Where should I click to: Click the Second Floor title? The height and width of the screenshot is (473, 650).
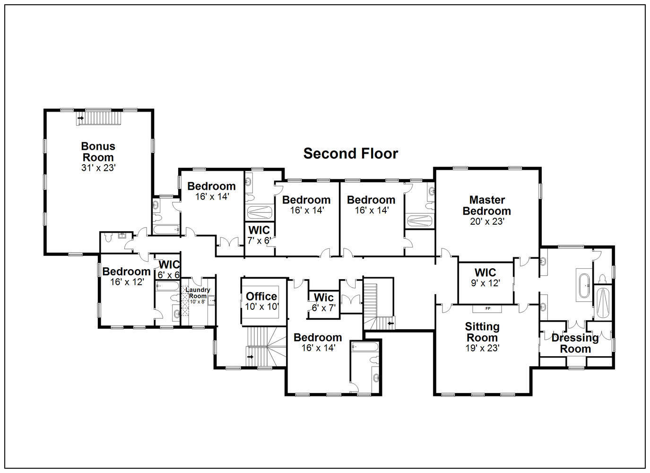point(350,154)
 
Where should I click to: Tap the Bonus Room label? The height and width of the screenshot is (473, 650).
point(98,152)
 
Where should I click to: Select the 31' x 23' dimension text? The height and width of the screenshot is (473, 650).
point(98,168)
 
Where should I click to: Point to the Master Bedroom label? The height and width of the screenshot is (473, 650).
point(486,205)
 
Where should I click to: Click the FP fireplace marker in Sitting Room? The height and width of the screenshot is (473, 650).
point(487,309)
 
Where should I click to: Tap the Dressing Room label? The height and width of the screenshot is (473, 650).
point(575,343)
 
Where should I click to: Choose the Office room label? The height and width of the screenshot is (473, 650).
point(261,297)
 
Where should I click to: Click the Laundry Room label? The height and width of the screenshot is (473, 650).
point(198,293)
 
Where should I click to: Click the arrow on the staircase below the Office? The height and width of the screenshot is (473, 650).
point(251,357)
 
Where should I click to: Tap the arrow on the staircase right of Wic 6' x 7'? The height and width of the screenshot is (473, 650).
point(390,324)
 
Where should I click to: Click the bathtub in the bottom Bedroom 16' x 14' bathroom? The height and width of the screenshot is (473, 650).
point(365,347)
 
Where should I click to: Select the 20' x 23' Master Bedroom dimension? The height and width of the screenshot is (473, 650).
point(487,221)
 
